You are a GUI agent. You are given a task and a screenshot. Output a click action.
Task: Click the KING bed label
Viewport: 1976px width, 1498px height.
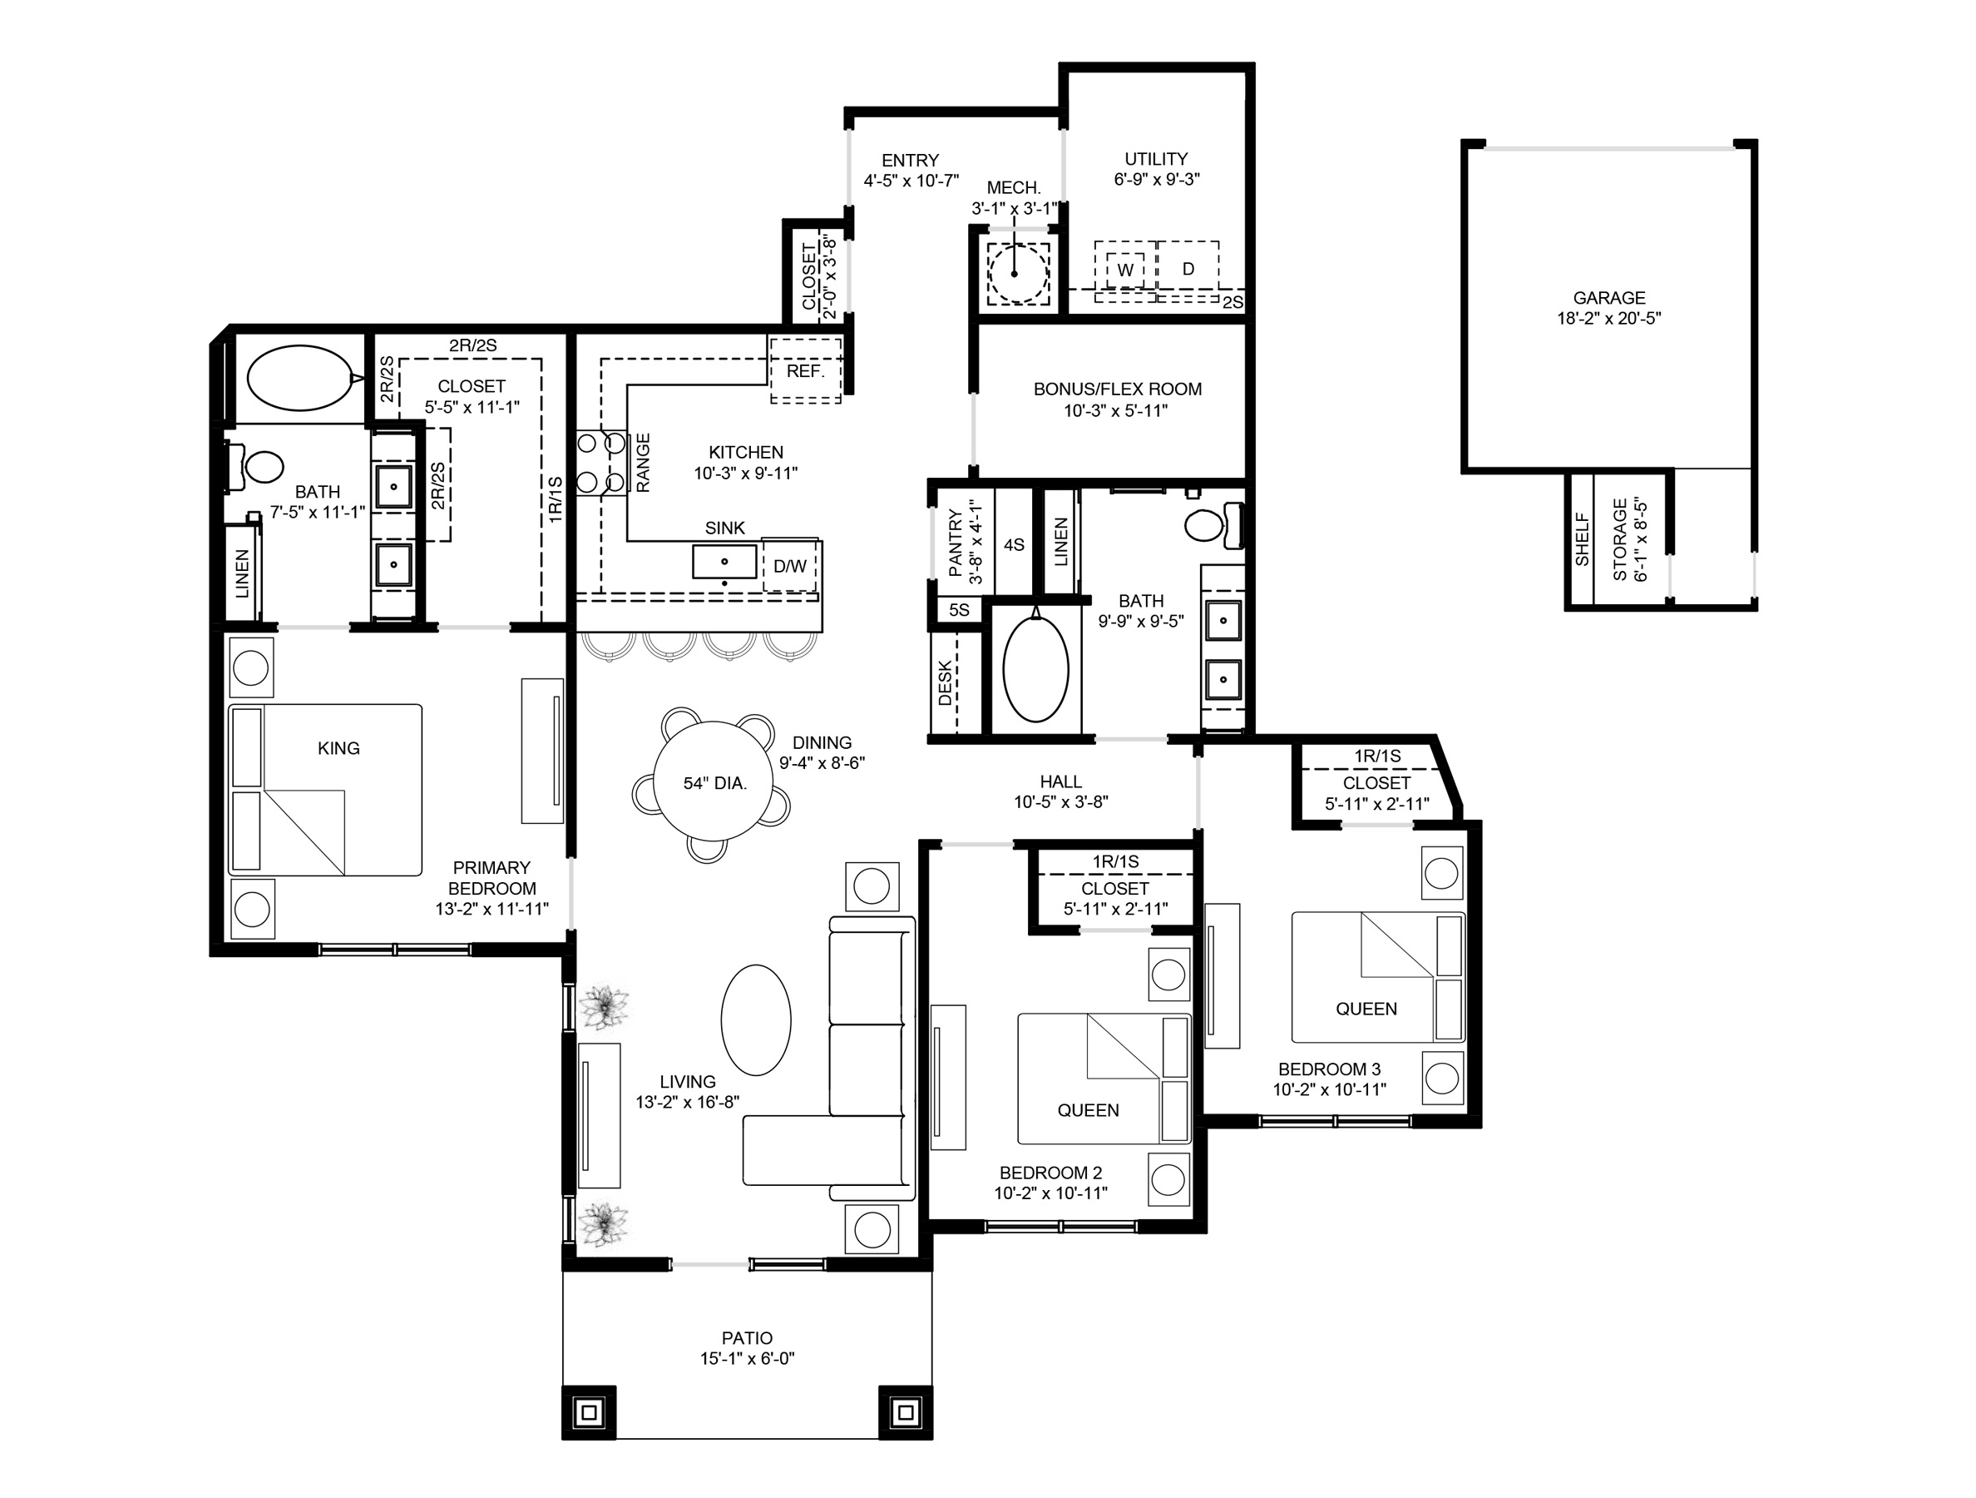click(338, 748)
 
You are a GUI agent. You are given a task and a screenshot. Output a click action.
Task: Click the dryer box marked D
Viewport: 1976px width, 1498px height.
click(1188, 269)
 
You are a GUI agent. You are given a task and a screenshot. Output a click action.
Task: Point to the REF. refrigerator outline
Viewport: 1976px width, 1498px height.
click(805, 371)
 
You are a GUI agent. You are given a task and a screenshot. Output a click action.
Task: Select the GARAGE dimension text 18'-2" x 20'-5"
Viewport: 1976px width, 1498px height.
click(1609, 319)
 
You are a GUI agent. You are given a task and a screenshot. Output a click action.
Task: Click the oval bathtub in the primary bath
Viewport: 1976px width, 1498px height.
click(299, 378)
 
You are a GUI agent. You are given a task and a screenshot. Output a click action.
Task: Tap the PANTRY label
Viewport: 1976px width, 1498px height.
click(956, 543)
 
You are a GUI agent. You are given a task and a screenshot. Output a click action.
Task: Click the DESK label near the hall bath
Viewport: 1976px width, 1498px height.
click(945, 683)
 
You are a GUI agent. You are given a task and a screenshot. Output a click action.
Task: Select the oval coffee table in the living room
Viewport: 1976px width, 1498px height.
click(756, 1019)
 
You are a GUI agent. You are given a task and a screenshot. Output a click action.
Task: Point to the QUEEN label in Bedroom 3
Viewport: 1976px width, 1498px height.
click(1366, 1008)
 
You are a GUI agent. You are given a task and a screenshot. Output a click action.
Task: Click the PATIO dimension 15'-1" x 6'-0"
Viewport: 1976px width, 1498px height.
click(747, 1358)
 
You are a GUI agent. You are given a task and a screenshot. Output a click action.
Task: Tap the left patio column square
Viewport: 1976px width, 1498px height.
click(589, 1413)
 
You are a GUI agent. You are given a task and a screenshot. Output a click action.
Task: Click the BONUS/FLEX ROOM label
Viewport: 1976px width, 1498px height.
click(1118, 389)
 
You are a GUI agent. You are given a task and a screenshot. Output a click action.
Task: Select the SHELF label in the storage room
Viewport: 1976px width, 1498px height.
click(1582, 538)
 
